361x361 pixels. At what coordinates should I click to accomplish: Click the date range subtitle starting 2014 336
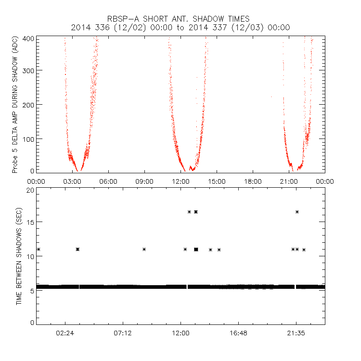(x=180, y=28)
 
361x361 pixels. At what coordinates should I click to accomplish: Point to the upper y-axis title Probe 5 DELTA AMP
(x=15, y=105)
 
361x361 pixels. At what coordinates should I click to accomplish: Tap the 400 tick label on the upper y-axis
(x=28, y=39)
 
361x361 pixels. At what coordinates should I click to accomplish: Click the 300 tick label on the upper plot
(x=28, y=70)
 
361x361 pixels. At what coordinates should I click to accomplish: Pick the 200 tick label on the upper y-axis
(x=28, y=105)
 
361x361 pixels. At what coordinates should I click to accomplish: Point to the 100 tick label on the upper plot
(x=28, y=139)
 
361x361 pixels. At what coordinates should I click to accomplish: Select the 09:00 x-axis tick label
(x=144, y=181)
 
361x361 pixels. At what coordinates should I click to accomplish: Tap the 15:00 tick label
(x=217, y=181)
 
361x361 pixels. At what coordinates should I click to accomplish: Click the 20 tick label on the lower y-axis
(x=30, y=190)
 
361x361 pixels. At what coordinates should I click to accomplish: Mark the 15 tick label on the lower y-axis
(x=30, y=222)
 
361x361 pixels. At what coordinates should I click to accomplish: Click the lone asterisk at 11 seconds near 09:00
(x=144, y=249)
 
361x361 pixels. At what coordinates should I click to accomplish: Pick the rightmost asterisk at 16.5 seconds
(x=297, y=212)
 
